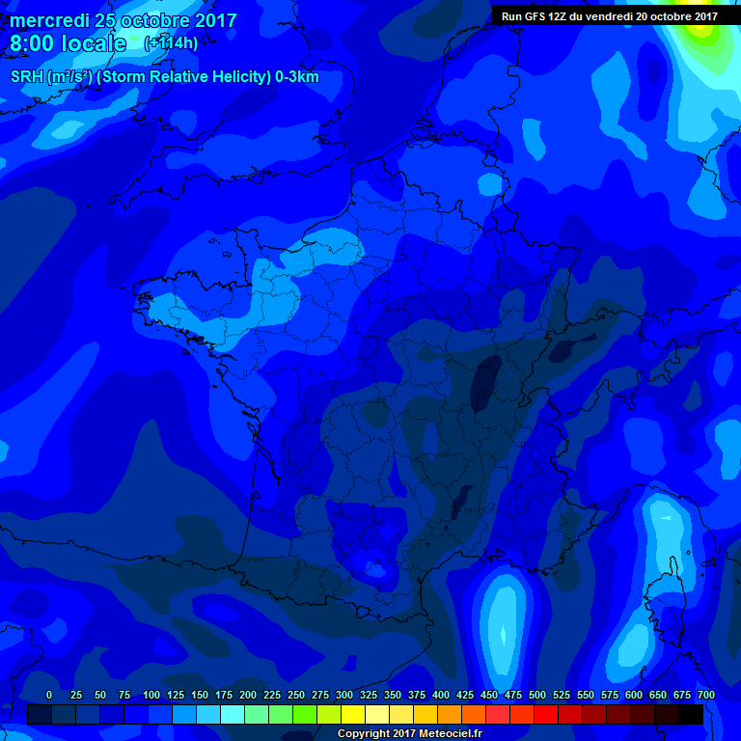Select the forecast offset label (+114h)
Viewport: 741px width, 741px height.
click(x=171, y=43)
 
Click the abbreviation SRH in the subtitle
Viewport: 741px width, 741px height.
click(x=27, y=77)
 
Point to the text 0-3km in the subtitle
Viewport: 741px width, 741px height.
click(x=295, y=77)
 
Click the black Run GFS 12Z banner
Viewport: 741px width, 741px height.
click(x=610, y=15)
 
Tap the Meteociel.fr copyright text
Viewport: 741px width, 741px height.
click(x=409, y=733)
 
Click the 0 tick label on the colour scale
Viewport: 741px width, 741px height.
click(x=49, y=695)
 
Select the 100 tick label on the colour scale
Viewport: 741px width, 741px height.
click(x=151, y=695)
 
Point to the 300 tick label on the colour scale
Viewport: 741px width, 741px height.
click(x=344, y=695)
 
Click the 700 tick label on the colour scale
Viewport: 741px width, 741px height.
click(x=706, y=695)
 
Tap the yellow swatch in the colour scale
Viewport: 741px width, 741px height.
click(x=353, y=714)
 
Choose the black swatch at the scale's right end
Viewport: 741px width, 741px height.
click(x=691, y=714)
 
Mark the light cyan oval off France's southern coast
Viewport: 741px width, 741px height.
click(x=503, y=617)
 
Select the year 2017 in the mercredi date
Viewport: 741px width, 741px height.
click(x=214, y=20)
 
